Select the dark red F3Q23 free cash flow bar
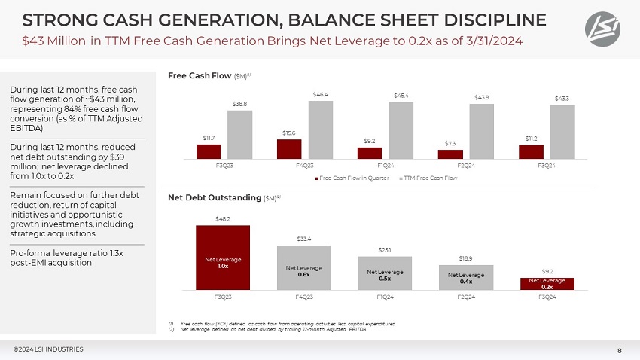click(x=209, y=151)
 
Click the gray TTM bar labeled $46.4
click(x=320, y=130)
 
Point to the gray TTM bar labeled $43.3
click(x=562, y=132)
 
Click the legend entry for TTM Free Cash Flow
click(x=428, y=178)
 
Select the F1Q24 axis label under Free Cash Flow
click(x=385, y=166)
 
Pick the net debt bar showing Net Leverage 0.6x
click(x=303, y=267)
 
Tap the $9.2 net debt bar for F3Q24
click(x=547, y=284)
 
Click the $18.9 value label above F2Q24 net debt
click(x=466, y=258)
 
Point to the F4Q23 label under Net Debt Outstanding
click(x=304, y=297)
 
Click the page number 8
click(x=619, y=349)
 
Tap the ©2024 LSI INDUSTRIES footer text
click(x=48, y=349)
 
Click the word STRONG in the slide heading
click(x=45, y=18)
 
